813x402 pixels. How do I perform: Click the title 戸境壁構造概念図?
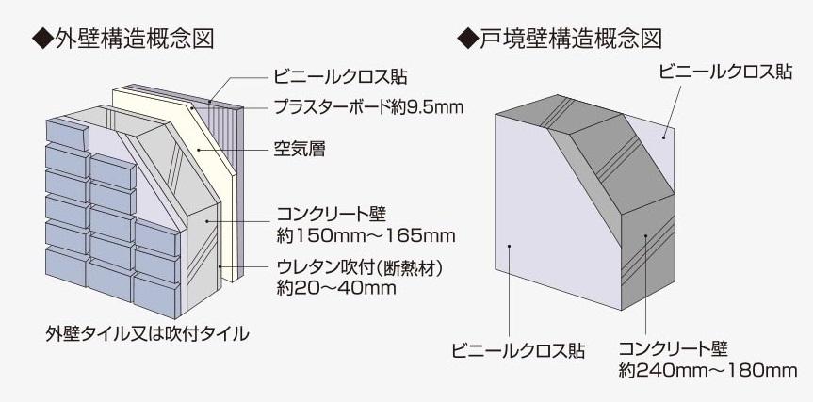(x=567, y=39)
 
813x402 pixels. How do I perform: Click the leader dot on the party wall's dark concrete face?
(x=646, y=237)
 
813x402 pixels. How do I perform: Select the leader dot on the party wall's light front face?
(x=509, y=247)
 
